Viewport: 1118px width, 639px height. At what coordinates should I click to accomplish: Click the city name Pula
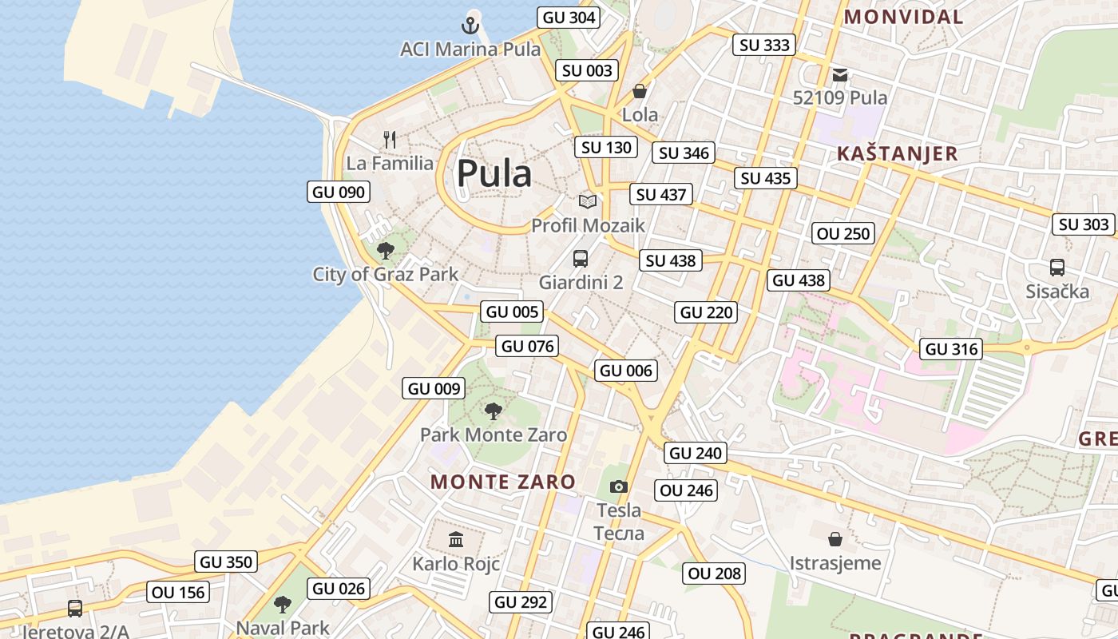(494, 173)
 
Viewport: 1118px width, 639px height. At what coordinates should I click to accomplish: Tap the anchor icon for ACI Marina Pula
(470, 25)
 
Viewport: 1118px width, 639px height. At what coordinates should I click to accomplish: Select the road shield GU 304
(569, 17)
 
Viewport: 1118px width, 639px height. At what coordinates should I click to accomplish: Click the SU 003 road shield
(587, 70)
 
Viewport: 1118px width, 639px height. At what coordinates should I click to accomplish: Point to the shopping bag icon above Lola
(640, 91)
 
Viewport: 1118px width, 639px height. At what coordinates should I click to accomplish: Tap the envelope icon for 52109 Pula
(840, 75)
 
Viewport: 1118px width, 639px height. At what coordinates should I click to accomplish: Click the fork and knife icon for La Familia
(390, 140)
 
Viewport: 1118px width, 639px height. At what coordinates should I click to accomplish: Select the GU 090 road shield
(339, 192)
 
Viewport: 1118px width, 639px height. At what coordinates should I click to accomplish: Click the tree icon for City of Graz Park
(385, 251)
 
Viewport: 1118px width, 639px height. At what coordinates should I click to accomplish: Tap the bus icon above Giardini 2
(581, 259)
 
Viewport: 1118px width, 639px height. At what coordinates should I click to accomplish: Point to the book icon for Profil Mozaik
(588, 201)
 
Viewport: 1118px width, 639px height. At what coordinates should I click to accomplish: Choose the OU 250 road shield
(843, 233)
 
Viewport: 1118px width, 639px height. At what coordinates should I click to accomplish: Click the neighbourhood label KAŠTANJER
(897, 154)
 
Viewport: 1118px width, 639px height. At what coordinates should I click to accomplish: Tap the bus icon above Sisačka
(1057, 268)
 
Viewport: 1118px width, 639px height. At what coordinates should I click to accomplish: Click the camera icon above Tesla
(618, 486)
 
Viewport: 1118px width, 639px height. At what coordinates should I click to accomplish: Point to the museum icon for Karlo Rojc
(456, 540)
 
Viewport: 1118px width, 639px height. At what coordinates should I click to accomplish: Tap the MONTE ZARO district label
(502, 482)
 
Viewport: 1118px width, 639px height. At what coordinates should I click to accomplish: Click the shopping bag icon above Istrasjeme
(835, 539)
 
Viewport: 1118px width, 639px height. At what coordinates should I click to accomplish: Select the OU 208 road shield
(715, 573)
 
